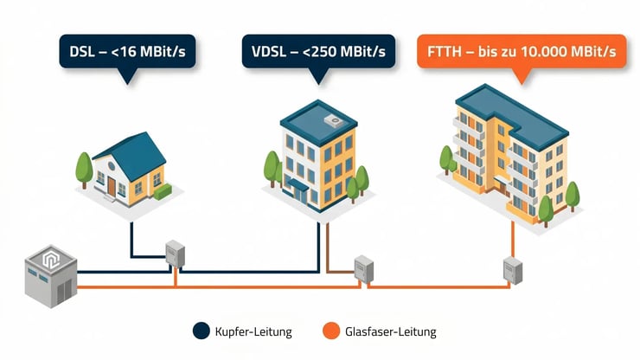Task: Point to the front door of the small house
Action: tap(112, 184)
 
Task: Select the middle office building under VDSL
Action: tap(317, 160)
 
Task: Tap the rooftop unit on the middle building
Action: tap(332, 119)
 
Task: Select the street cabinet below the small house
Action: tap(176, 254)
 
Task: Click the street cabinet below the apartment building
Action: tap(514, 271)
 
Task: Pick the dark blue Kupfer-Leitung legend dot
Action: tap(202, 331)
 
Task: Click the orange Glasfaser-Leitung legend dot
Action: tap(330, 331)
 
